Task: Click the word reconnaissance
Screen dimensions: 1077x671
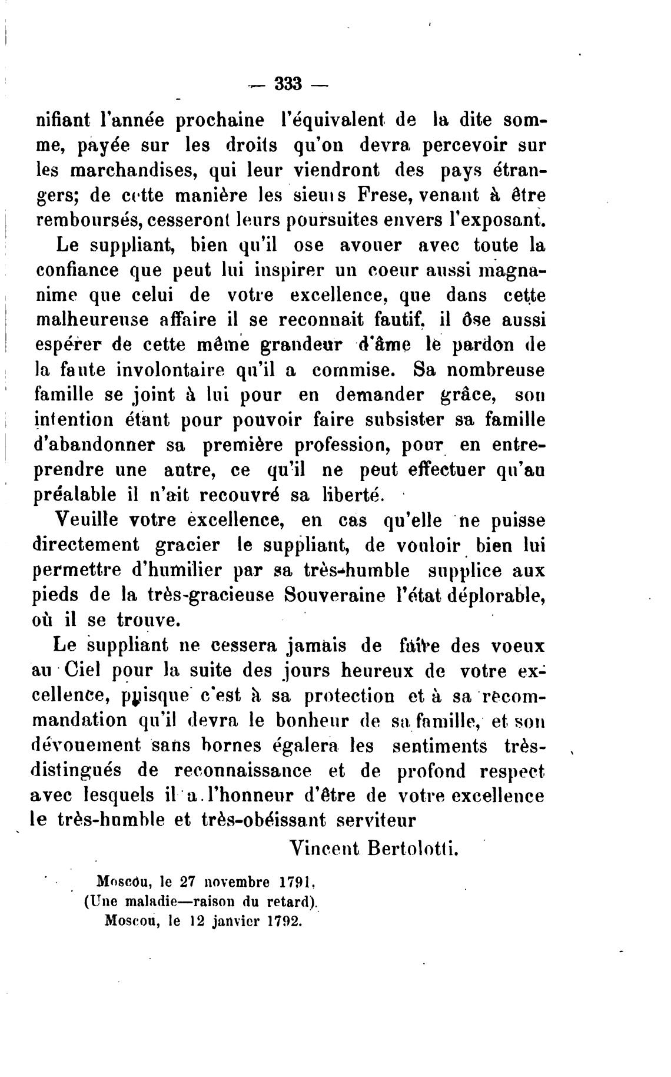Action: click(x=243, y=770)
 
